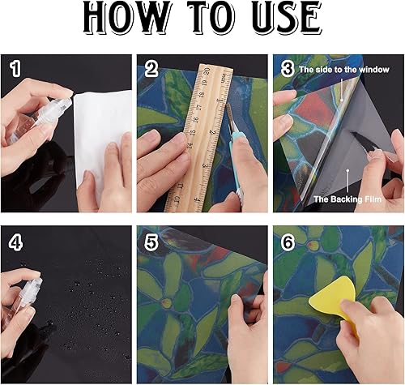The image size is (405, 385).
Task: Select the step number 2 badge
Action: [x=151, y=71]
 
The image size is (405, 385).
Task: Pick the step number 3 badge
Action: [x=287, y=71]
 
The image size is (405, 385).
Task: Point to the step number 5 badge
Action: [x=151, y=241]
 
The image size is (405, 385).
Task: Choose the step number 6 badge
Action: [x=287, y=241]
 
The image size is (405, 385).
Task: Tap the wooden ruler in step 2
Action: [x=200, y=138]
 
